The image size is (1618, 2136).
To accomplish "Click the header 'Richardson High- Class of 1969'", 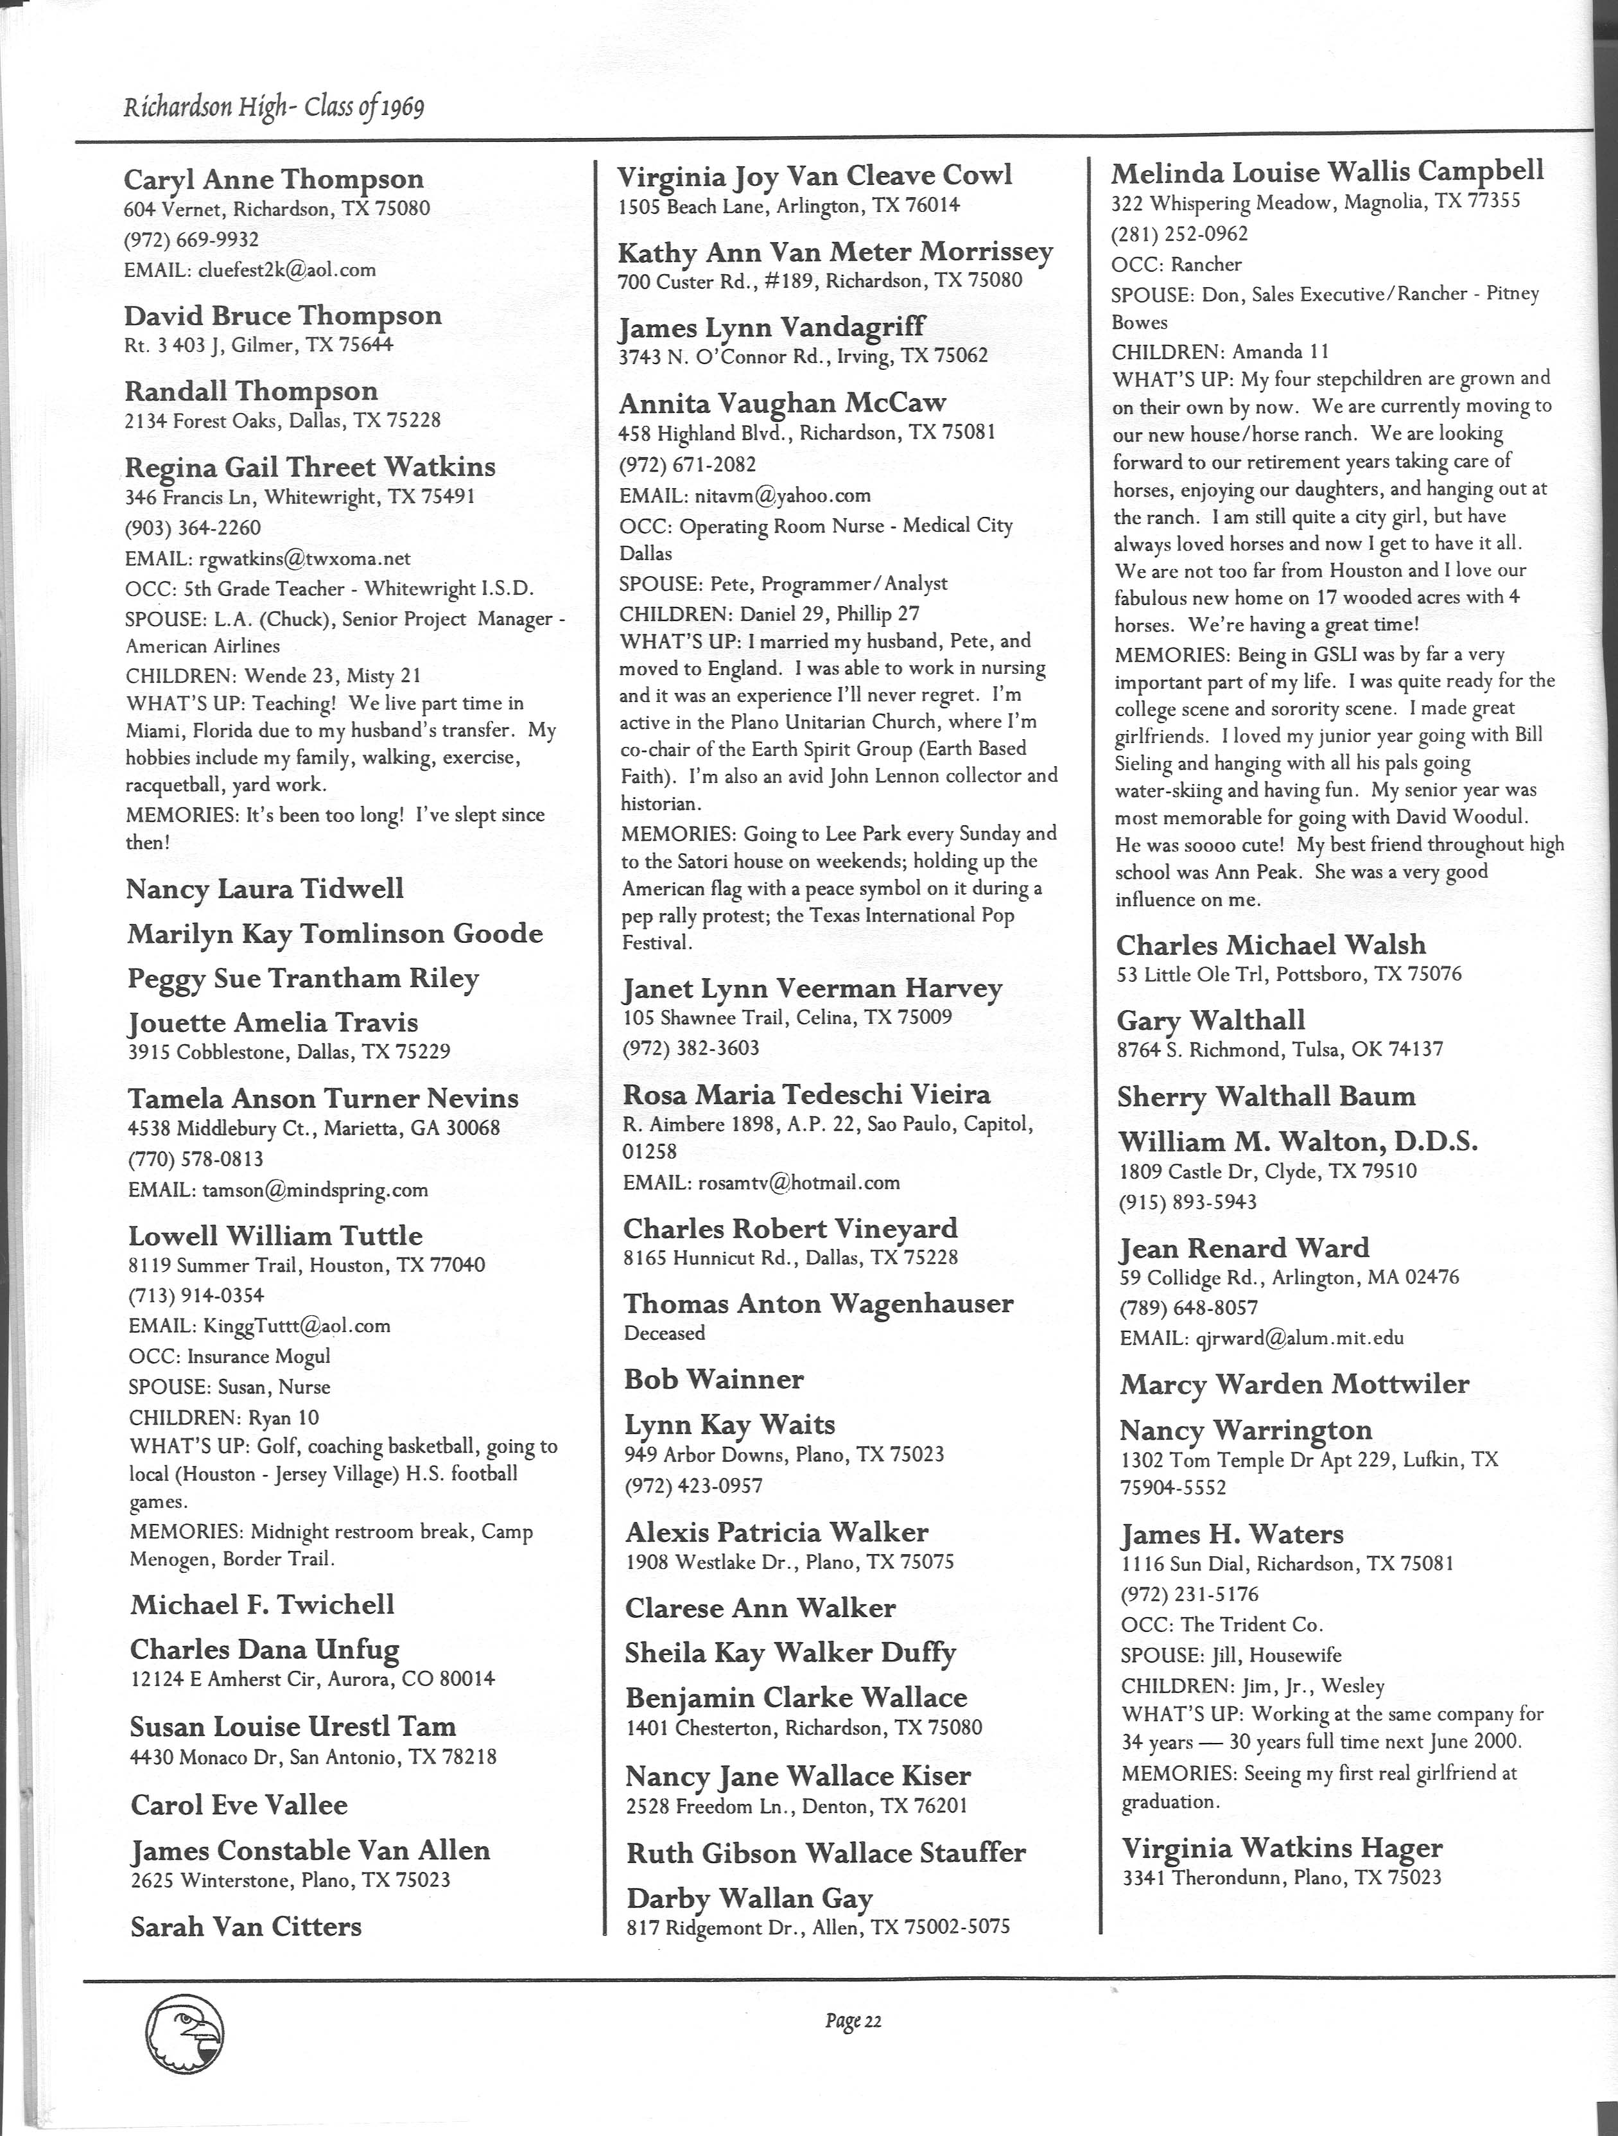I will pyautogui.click(x=274, y=106).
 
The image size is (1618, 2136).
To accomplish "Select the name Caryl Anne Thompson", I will pyautogui.click(x=274, y=180).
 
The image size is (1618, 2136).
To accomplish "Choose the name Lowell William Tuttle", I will pyautogui.click(x=275, y=1236).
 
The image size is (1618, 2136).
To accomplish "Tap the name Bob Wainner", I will pyautogui.click(x=713, y=1379).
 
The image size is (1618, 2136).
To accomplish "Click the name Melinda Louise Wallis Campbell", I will pyautogui.click(x=1327, y=173).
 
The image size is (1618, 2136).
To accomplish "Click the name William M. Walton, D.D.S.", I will pyautogui.click(x=1298, y=1142).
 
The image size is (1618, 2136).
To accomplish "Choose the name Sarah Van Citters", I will pyautogui.click(x=245, y=1927).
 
